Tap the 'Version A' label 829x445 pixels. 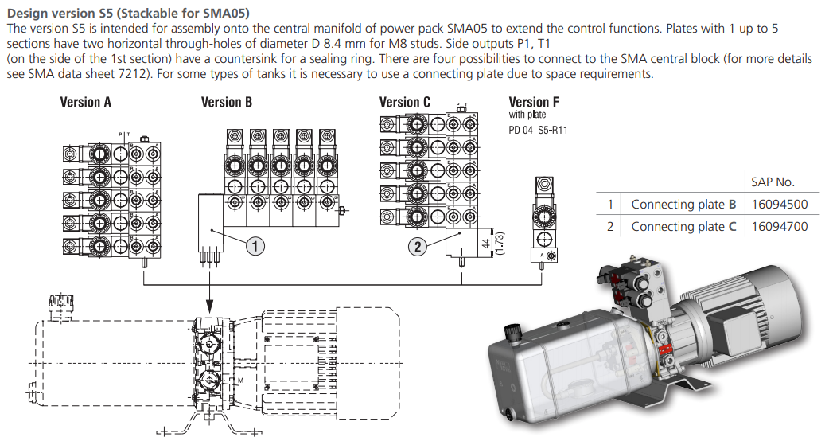point(86,102)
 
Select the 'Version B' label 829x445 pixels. point(227,102)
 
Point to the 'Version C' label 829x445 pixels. point(405,102)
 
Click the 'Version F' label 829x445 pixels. point(534,102)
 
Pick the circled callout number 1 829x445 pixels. point(255,247)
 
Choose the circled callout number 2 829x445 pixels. point(418,247)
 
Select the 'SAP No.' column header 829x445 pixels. point(773,182)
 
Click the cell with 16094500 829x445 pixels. point(780,204)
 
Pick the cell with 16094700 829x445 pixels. point(780,226)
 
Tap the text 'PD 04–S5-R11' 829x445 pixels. point(539,129)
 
